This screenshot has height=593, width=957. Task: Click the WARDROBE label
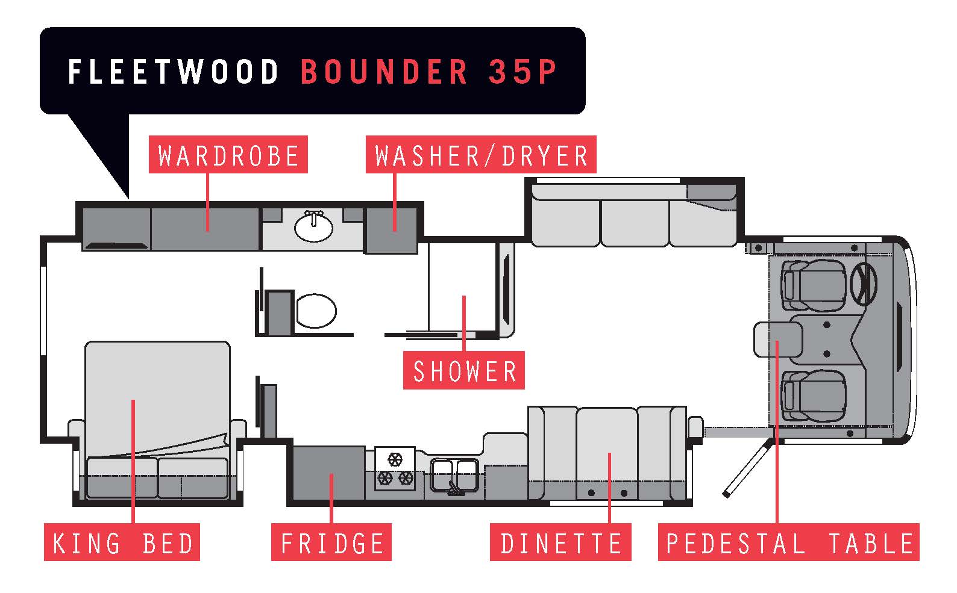228,155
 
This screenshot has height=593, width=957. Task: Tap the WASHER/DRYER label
481,155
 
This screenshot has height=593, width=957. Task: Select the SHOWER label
464,370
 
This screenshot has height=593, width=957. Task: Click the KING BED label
122,543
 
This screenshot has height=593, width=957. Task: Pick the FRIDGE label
331,543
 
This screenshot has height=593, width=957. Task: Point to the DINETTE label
560,543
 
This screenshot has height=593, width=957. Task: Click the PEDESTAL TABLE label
788,543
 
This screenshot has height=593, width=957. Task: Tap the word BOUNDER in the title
384,72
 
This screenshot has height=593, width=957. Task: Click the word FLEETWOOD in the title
174,72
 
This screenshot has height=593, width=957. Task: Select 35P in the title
522,72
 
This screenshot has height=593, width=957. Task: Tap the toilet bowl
316,311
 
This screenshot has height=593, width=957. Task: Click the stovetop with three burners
395,469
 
